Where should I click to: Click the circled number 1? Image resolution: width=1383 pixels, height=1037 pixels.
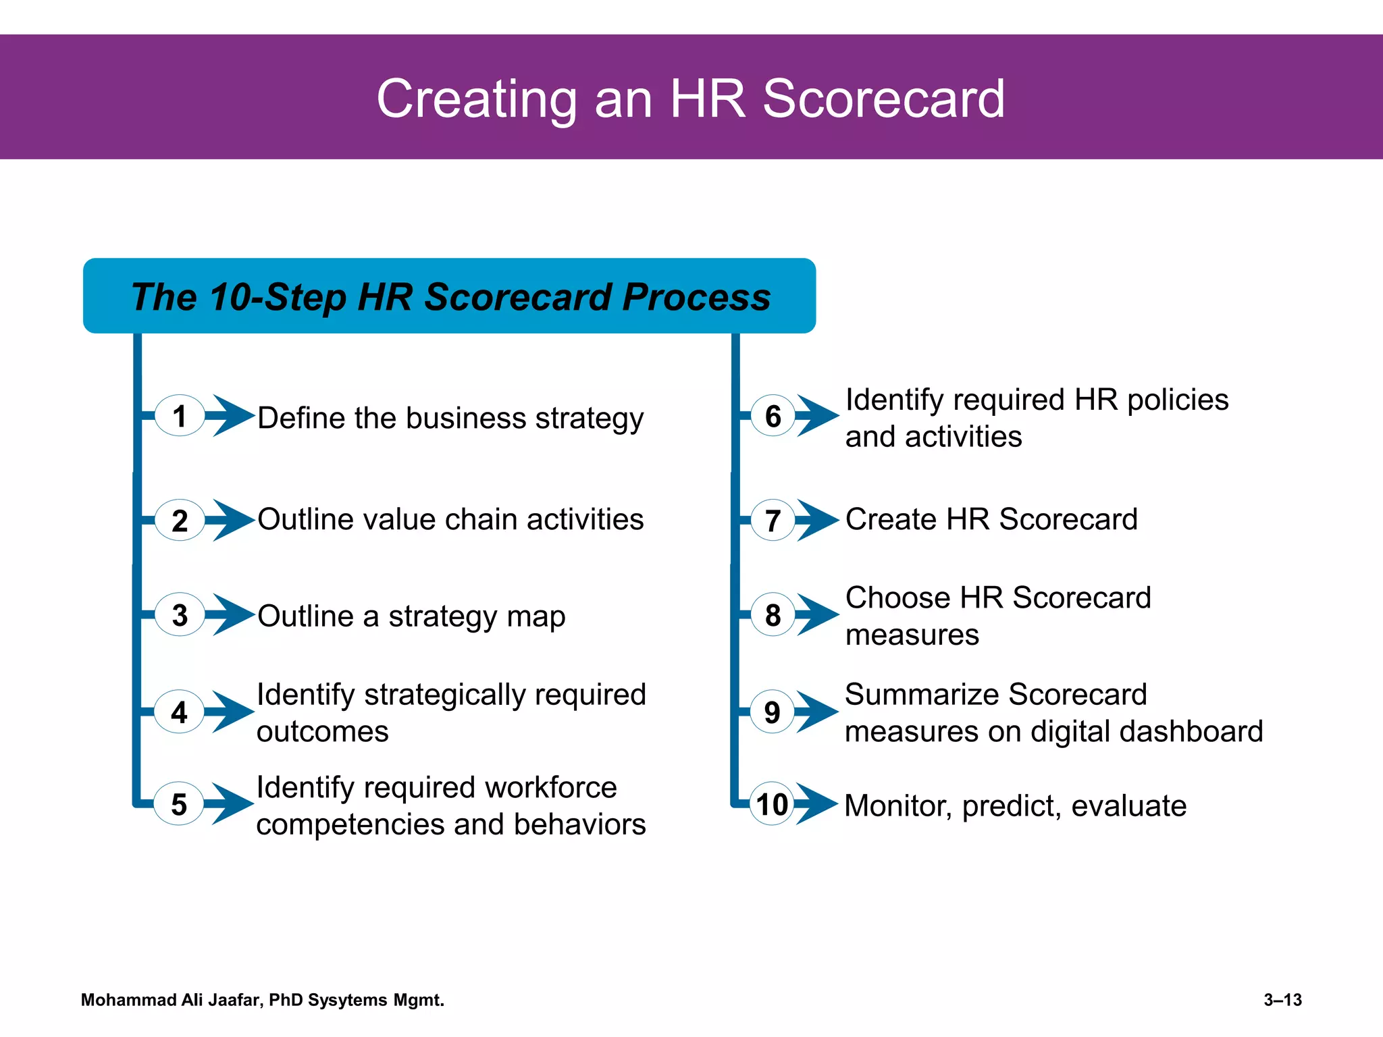[x=179, y=416]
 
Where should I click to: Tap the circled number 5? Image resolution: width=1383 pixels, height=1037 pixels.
[x=179, y=804]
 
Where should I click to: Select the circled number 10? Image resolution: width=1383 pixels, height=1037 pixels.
[x=772, y=804]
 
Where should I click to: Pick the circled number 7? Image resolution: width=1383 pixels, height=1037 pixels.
[x=773, y=521]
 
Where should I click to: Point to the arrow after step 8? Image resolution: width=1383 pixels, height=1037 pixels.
[x=818, y=614]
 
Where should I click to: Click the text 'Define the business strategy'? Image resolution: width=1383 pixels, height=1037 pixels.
[x=450, y=418]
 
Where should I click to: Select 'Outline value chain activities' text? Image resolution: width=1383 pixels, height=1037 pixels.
[x=450, y=519]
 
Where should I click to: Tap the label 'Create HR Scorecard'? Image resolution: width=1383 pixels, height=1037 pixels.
[x=991, y=519]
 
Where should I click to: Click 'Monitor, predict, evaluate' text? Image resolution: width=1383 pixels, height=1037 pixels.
[x=1015, y=805]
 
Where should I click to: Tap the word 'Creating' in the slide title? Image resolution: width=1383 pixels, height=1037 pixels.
[x=476, y=99]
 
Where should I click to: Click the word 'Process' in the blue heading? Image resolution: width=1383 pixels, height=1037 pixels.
[x=696, y=297]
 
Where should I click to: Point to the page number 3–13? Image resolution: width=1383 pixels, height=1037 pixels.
[x=1282, y=1000]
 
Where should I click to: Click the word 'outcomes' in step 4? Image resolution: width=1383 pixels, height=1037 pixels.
[x=322, y=732]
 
